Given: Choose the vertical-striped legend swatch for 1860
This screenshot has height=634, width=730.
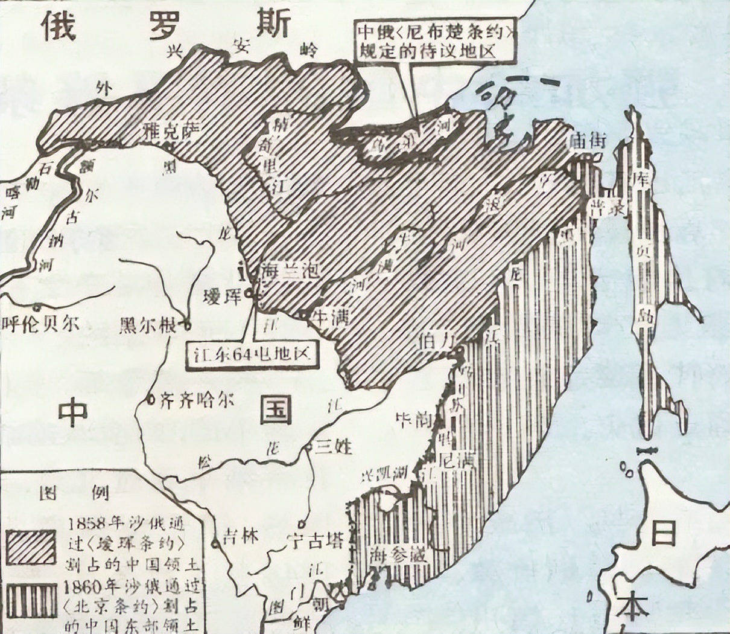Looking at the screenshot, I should click(x=31, y=598).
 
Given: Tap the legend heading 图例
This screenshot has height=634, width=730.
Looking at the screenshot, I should click(x=74, y=493).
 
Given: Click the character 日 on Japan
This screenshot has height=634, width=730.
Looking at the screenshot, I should click(x=663, y=534).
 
